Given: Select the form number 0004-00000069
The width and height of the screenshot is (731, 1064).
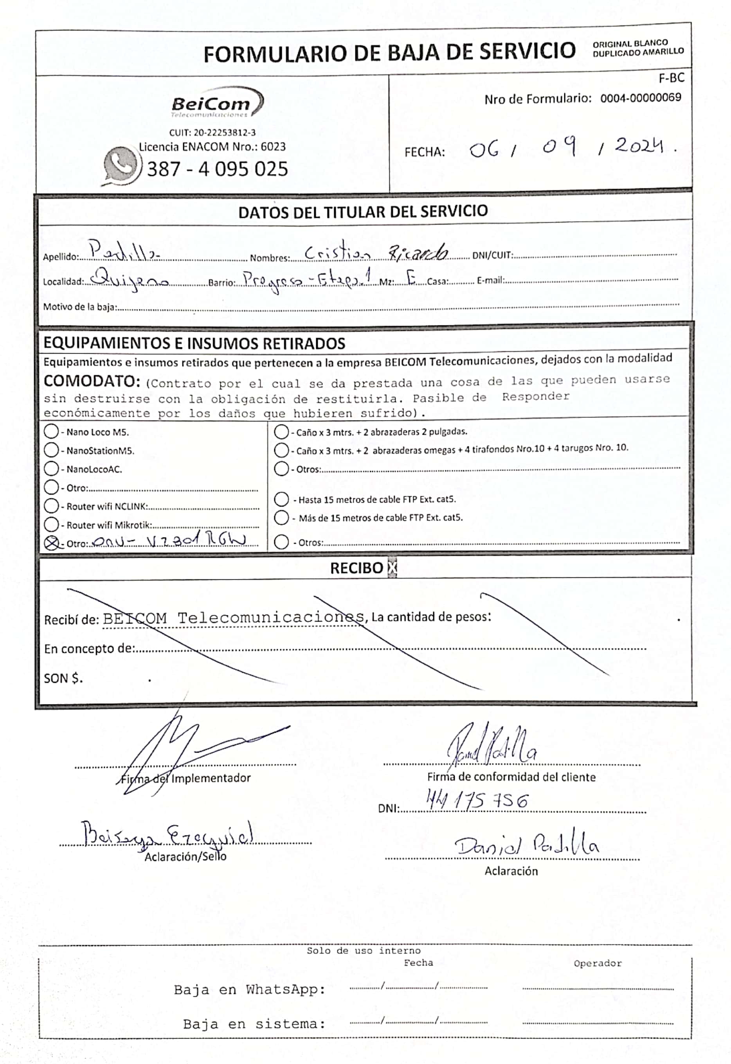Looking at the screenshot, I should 640,97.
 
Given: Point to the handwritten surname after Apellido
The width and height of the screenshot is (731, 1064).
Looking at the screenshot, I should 124,252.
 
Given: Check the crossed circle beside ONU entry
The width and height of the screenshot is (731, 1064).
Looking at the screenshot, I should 52,543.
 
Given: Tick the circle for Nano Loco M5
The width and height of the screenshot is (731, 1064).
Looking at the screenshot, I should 51,431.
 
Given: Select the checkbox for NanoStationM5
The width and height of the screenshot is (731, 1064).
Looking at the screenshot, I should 51,450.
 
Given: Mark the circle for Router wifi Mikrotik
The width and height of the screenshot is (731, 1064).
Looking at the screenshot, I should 51,525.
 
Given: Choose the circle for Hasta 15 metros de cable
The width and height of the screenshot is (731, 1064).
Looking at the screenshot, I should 281,499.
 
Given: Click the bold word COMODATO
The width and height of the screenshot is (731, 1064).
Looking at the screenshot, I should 92,381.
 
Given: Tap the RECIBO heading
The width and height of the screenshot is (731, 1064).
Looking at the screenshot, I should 356,568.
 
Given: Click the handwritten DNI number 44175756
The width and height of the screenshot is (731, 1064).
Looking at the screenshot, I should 477,800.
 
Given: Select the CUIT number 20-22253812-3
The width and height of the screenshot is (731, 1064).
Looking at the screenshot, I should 212,133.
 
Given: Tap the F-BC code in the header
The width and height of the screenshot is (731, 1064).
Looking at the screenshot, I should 671,78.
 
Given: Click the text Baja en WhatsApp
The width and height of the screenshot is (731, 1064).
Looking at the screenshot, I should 250,989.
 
